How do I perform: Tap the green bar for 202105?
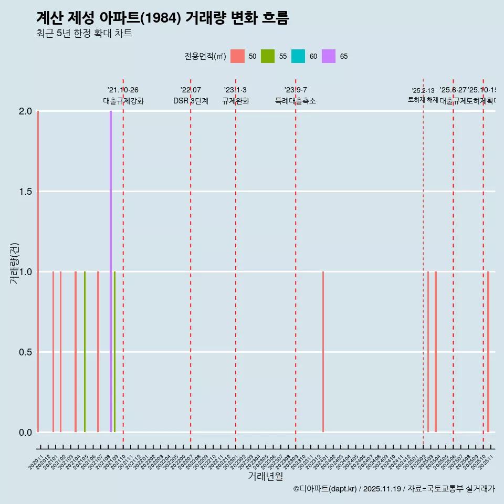tap(85, 352)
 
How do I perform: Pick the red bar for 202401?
tap(323, 352)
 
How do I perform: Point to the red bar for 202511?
tap(488, 352)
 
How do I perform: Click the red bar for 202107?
tap(98, 352)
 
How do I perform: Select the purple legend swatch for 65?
tap(329, 56)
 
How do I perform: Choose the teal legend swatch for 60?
tap(298, 56)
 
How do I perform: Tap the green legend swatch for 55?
tap(268, 56)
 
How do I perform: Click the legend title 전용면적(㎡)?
tap(205, 56)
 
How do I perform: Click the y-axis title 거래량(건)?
tap(15, 264)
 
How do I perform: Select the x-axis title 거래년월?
tap(265, 477)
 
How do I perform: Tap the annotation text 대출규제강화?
tap(123, 101)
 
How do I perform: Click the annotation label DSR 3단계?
tap(191, 101)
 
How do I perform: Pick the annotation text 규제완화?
tap(236, 101)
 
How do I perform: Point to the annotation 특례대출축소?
tap(296, 101)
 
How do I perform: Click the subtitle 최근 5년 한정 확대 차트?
tap(84, 34)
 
